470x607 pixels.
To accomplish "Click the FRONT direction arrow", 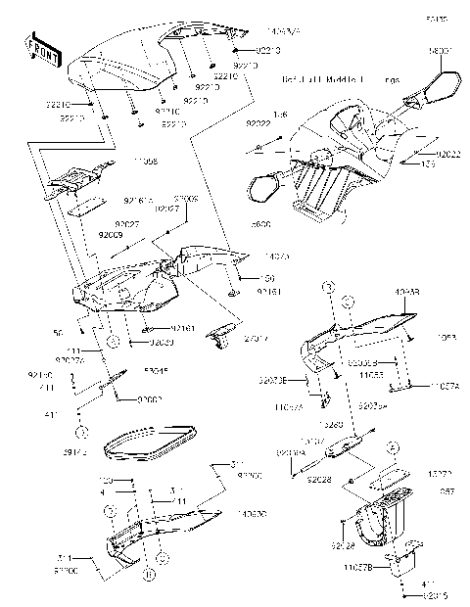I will [x=38, y=48].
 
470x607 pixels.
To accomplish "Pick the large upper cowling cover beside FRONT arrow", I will [x=127, y=69].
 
